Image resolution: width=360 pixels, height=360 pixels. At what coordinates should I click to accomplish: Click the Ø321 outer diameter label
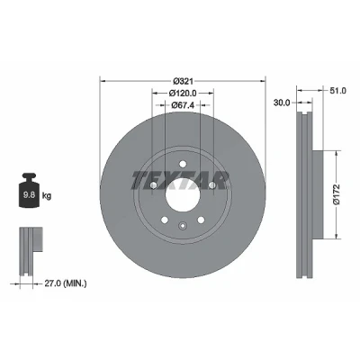[184, 81]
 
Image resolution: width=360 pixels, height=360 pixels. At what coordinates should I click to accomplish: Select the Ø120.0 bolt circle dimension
[183, 94]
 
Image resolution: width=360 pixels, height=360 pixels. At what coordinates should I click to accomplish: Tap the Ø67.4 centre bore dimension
[183, 105]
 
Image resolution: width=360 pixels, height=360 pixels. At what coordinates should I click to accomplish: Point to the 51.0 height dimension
[338, 90]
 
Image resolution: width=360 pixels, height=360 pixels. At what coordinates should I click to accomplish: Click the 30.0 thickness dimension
[282, 103]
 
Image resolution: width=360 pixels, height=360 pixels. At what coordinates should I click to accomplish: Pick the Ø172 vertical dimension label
[337, 194]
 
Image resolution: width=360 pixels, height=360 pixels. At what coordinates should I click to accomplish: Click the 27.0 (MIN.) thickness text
[66, 283]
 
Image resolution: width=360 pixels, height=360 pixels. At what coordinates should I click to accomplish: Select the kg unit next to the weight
[47, 196]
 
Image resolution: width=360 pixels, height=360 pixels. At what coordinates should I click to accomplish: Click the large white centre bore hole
[183, 195]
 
